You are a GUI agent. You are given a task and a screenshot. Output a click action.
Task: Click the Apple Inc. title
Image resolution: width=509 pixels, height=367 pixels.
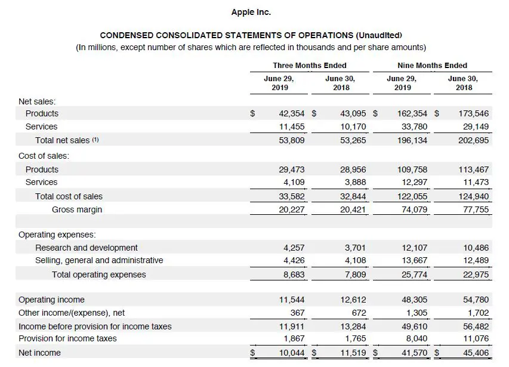[x=251, y=12]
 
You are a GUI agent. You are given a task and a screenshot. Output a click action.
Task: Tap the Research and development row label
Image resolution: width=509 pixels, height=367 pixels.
[x=86, y=248]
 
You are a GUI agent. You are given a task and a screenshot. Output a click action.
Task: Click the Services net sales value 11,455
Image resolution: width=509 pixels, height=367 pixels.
[x=292, y=127]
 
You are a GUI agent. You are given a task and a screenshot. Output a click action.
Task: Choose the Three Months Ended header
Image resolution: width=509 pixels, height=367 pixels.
[x=310, y=66]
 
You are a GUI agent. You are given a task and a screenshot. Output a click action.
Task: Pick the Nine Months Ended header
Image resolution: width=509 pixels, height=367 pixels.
[x=432, y=66]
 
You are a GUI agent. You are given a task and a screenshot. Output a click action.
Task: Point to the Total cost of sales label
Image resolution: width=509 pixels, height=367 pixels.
[x=69, y=196]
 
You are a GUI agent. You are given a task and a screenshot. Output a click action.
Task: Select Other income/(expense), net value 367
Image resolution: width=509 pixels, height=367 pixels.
[x=297, y=313]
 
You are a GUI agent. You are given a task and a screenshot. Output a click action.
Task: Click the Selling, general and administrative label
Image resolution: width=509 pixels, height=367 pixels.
[x=99, y=260]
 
